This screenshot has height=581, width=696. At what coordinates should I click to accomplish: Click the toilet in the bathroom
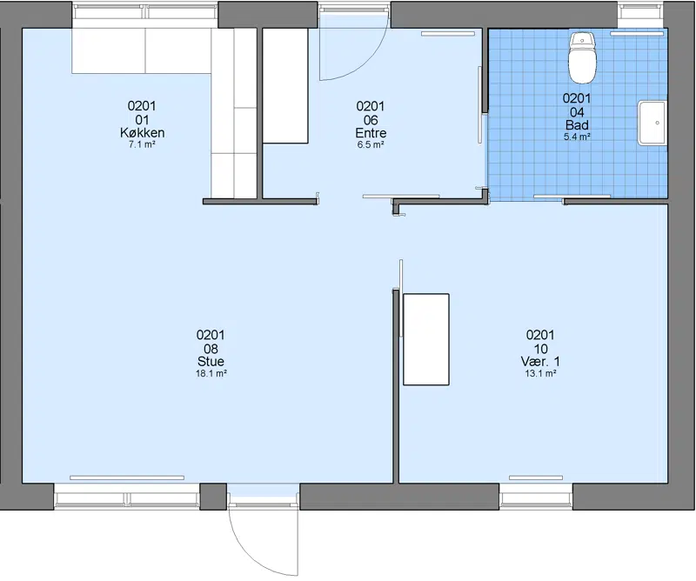(583, 57)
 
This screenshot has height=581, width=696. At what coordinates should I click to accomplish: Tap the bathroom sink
(652, 123)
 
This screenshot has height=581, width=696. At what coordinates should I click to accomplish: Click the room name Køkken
(142, 133)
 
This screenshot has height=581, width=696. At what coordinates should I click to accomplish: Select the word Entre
(371, 133)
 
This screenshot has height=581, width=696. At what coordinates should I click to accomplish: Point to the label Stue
(211, 361)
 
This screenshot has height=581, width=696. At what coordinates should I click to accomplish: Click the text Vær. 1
(540, 361)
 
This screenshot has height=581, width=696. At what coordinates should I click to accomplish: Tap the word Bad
(577, 125)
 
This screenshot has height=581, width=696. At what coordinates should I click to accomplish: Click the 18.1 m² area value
(211, 374)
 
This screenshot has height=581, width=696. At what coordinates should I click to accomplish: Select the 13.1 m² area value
(540, 374)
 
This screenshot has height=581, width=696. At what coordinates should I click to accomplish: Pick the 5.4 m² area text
(577, 137)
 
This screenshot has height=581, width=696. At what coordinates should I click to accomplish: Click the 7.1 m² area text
(142, 144)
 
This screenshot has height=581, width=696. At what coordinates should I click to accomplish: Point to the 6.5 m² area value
(371, 144)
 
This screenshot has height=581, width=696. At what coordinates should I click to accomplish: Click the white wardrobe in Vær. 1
(426, 339)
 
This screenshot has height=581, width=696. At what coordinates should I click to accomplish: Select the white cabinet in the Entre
(285, 85)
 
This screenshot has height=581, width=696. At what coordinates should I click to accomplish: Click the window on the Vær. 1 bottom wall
(536, 496)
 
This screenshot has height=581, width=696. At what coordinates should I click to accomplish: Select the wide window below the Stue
(127, 497)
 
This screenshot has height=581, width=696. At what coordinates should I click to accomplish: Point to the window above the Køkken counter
(145, 12)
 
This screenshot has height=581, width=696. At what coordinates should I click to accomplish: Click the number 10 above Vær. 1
(540, 349)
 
